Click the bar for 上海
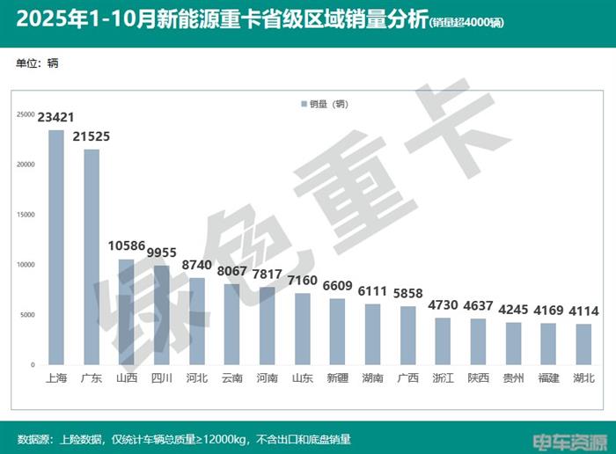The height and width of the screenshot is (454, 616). click(x=56, y=247)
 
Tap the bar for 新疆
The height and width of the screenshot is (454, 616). click(x=337, y=331)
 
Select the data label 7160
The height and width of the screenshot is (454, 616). click(x=302, y=280)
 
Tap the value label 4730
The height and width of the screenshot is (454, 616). click(x=443, y=304)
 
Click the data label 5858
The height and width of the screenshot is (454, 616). click(x=407, y=293)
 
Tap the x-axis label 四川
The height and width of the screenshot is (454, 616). click(x=162, y=377)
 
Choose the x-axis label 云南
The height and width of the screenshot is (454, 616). click(x=231, y=377)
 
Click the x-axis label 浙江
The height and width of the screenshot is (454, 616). click(x=443, y=377)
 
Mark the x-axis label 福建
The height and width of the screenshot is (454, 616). click(x=548, y=377)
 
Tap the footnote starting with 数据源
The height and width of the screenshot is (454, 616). click(x=184, y=439)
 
